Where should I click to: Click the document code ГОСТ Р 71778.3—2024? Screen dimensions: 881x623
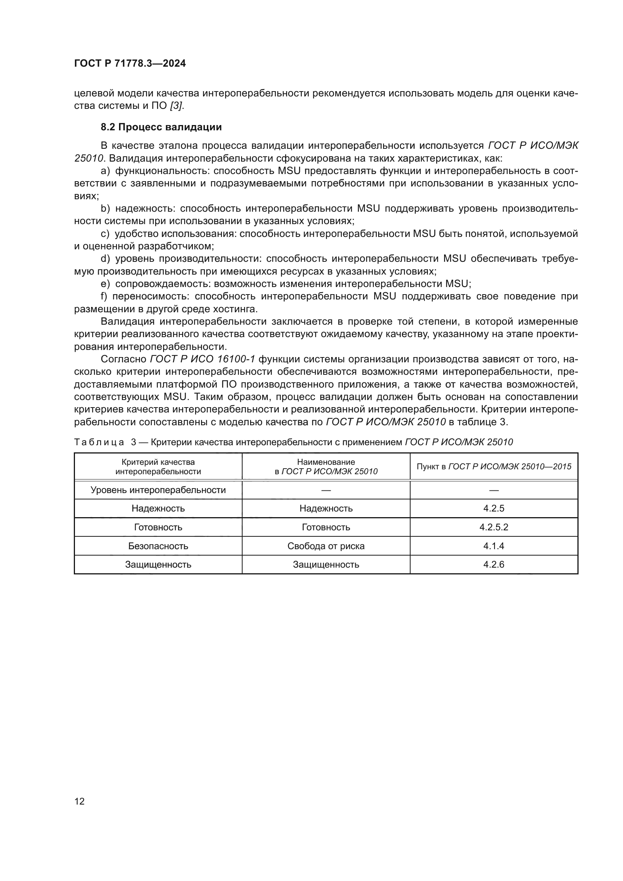coord(130,63)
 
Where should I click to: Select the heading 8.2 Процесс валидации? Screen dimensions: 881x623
coord(161,127)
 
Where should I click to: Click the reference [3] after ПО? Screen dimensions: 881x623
coord(176,106)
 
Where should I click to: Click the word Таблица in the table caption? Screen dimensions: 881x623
coord(99,442)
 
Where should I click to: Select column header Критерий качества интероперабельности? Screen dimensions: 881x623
coord(158,467)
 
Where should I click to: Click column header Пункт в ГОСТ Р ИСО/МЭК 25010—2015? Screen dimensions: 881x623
coord(494,467)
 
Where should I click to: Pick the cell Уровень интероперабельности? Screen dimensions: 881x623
coord(158,490)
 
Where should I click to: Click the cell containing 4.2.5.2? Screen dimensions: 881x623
coord(494,527)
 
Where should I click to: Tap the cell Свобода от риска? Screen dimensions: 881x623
coord(326,546)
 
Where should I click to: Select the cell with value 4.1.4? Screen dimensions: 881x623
coord(494,546)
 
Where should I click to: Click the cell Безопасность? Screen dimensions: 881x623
coord(158,546)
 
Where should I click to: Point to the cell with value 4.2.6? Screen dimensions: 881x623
coord(494,565)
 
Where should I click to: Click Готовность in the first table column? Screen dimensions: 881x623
coord(158,527)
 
